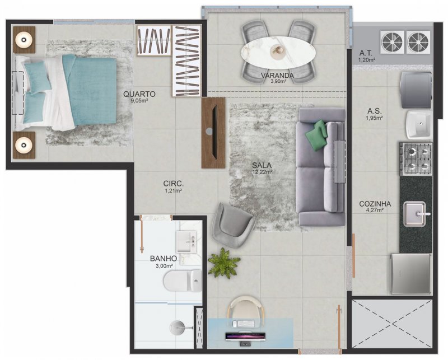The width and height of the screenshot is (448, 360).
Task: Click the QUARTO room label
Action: tap(139, 94)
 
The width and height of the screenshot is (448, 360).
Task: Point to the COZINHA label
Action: tap(375, 204)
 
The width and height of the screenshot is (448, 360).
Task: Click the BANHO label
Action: tap(163, 259)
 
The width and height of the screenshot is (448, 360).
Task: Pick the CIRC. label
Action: tap(174, 184)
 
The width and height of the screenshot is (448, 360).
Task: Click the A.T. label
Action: tap(366, 53)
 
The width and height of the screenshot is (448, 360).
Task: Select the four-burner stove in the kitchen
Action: tap(416, 158)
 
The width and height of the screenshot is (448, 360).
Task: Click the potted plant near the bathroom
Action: tap(223, 263)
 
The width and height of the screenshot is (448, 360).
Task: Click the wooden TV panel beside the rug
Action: tap(213, 132)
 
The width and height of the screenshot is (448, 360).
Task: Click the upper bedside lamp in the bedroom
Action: tap(24, 39)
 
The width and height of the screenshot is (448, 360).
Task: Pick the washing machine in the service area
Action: tap(415, 88)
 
